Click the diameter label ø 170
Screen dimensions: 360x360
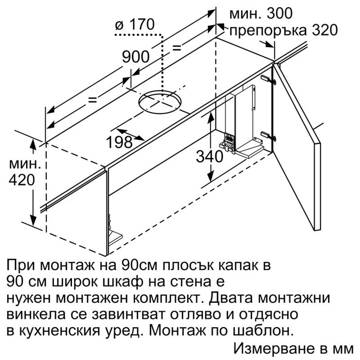[135, 25]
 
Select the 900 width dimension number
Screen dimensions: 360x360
[136, 57]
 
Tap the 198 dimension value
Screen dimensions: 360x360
[119, 142]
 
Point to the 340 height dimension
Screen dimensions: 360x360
[209, 157]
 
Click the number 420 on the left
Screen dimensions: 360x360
[22, 180]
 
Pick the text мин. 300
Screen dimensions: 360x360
[261, 13]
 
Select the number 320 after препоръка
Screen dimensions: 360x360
[325, 30]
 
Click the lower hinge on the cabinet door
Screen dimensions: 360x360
[268, 136]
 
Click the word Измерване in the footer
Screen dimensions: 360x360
[274, 349]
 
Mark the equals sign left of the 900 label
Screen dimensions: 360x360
[93, 100]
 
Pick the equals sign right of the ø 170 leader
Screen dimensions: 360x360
[177, 48]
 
